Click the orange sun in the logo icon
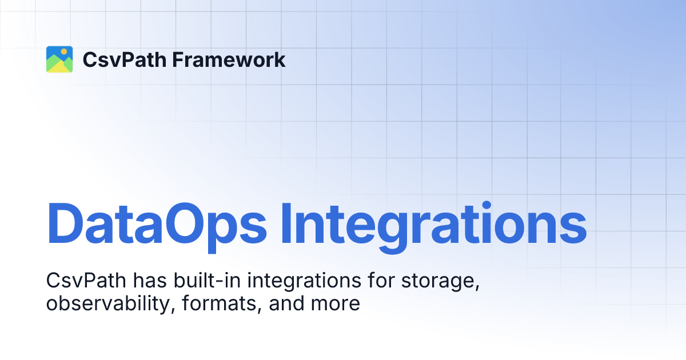point(65,52)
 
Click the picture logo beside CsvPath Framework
point(59,59)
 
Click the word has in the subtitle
point(149,281)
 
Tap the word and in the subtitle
point(286,303)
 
